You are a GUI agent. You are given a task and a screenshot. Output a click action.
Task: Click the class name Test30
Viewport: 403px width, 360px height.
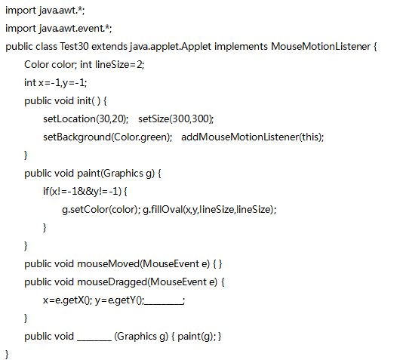tap(74, 47)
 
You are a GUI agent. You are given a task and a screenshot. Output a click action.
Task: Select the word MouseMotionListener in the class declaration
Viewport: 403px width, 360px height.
tap(321, 47)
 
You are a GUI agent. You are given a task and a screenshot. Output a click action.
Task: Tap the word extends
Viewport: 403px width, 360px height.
tap(109, 47)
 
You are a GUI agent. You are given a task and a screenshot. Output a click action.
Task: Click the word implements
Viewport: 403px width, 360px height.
tap(241, 47)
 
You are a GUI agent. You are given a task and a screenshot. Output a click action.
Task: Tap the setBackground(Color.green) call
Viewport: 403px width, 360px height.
tap(107, 137)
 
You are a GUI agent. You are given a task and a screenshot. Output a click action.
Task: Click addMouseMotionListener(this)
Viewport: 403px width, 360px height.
tap(251, 137)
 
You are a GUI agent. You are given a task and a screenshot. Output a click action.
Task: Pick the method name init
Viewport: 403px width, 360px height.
tap(84, 100)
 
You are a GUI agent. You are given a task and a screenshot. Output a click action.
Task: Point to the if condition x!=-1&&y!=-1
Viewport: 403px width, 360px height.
tap(85, 192)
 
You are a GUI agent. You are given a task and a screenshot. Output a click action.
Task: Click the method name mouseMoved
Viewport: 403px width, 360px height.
tap(108, 264)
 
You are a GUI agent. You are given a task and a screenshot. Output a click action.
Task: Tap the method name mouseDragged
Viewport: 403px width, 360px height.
tap(112, 282)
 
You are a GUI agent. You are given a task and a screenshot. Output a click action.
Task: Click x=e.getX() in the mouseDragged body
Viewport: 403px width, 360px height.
tap(66, 300)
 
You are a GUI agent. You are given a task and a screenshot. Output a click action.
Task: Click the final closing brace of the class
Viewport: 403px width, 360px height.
tap(7, 354)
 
